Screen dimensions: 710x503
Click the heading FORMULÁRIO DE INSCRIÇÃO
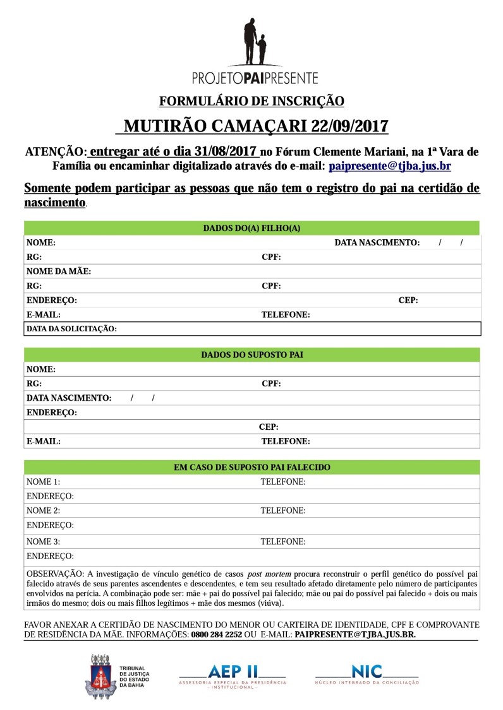(x=251, y=101)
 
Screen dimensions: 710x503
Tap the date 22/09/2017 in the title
(x=349, y=126)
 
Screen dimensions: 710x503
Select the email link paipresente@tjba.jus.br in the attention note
(x=390, y=166)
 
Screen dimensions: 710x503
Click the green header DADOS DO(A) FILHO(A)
(x=251, y=228)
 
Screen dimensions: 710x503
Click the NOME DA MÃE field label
(x=59, y=271)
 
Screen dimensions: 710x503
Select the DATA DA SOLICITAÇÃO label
(x=71, y=329)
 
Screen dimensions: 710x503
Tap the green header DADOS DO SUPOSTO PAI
(x=251, y=355)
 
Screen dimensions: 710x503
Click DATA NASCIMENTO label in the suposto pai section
(x=69, y=398)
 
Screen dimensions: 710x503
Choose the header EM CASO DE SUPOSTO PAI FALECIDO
(x=251, y=468)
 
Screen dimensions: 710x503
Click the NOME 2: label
(x=43, y=511)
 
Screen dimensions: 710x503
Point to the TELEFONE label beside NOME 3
(x=283, y=541)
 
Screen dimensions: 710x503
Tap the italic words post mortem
(x=269, y=574)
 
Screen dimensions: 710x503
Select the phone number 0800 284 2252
(x=217, y=635)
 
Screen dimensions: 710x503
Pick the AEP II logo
(x=233, y=673)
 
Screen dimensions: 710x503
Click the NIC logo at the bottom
(x=367, y=673)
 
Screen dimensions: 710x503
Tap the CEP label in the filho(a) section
(x=408, y=300)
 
